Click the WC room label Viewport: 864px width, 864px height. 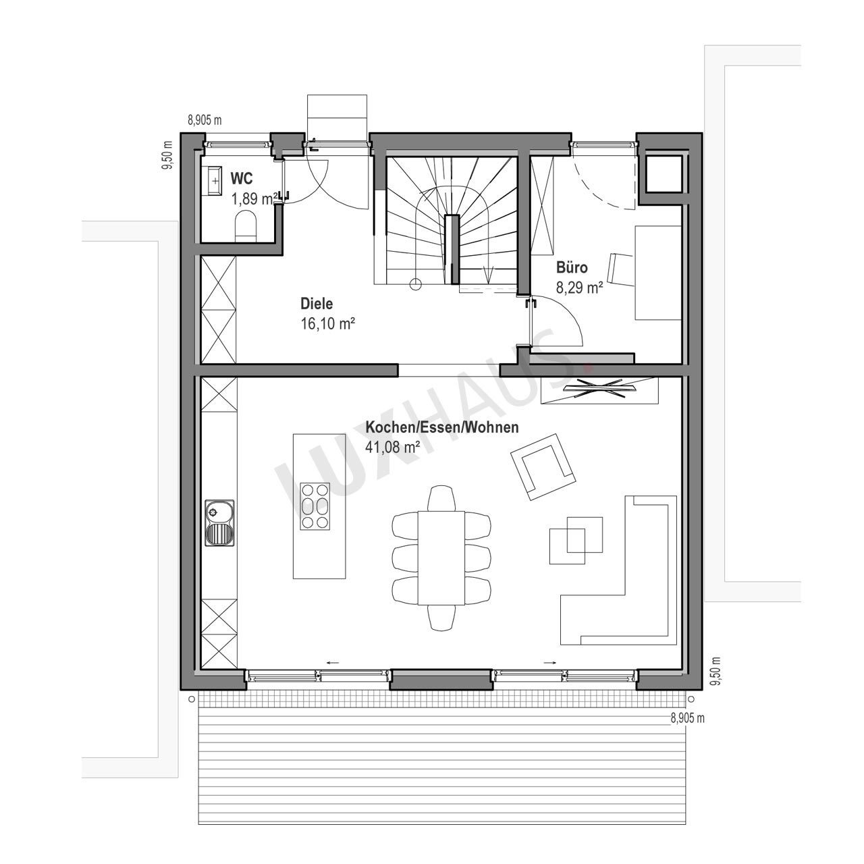(x=242, y=178)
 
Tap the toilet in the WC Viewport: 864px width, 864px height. (x=245, y=227)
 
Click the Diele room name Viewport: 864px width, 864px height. (x=317, y=304)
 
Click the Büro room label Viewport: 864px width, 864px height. (x=572, y=268)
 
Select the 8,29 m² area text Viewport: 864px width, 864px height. (x=579, y=288)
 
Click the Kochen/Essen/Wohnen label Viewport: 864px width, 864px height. (x=442, y=427)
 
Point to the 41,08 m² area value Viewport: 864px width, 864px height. (x=393, y=447)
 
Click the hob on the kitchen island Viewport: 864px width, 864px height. (x=315, y=506)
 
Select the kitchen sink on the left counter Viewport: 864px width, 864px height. (x=219, y=523)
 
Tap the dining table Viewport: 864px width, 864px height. (x=441, y=558)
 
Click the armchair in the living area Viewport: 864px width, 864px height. (x=543, y=466)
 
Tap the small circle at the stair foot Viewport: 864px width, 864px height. (x=416, y=283)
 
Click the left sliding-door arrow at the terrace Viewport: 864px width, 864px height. (x=332, y=661)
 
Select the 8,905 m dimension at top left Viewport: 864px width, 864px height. (x=205, y=120)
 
